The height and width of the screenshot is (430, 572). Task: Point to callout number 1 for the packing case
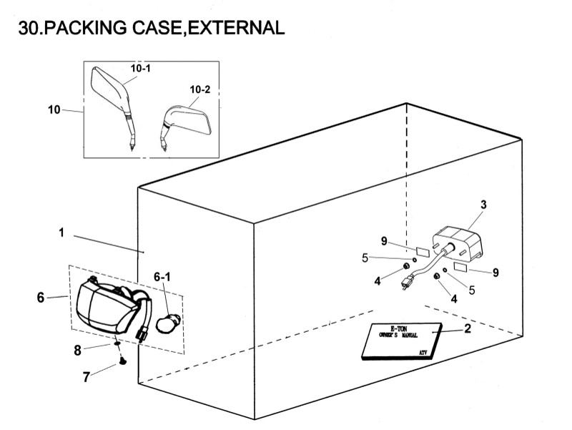62,233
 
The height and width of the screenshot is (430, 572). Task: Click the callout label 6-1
162,276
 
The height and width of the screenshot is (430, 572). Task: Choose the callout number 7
87,377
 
